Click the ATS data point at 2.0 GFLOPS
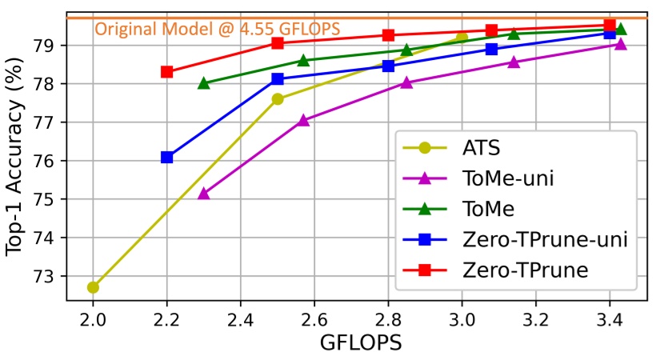click(x=94, y=286)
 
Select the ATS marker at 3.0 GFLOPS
click(x=462, y=38)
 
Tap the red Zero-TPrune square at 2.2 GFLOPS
click(x=167, y=71)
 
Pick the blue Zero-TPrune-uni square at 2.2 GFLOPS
click(x=167, y=157)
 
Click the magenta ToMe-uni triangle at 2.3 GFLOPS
click(x=204, y=193)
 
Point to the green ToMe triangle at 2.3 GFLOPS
click(x=204, y=82)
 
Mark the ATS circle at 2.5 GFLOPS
click(x=278, y=98)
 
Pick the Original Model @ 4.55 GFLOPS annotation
click(x=218, y=30)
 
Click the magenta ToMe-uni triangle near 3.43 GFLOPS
click(x=620, y=44)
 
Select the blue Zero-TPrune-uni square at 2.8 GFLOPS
click(x=388, y=66)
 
